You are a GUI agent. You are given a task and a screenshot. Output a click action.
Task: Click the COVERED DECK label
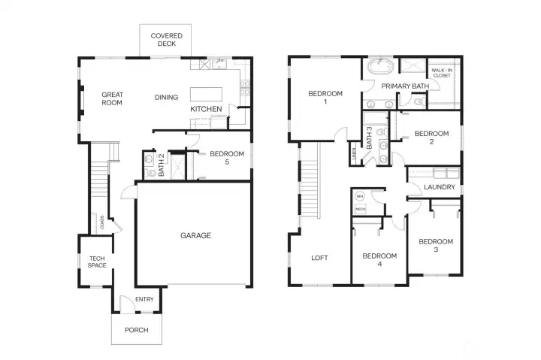[x=165, y=39]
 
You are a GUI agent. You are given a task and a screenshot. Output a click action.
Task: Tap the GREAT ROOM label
[x=112, y=98]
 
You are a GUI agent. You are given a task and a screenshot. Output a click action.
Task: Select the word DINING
[x=166, y=97]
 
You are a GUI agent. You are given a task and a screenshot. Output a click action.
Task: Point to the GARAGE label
[x=195, y=235]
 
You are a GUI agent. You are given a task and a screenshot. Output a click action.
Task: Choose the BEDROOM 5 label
[x=227, y=158]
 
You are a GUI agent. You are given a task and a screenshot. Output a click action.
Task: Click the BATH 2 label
[x=161, y=164]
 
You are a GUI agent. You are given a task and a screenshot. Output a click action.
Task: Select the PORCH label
[x=136, y=330]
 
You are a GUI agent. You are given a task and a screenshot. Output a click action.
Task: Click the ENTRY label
[x=144, y=300]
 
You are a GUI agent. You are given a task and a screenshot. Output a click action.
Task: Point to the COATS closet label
[x=102, y=222]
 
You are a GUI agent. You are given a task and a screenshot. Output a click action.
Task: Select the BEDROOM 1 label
[x=325, y=98]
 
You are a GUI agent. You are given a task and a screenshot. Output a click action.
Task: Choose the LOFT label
[x=319, y=258]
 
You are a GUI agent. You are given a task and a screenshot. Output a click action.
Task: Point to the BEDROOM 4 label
[x=379, y=259]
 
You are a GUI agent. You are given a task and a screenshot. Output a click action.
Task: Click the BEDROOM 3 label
[x=435, y=246]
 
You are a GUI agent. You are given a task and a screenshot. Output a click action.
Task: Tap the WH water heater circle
[x=360, y=196]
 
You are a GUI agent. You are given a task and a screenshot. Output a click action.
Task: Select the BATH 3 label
[x=370, y=137]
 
